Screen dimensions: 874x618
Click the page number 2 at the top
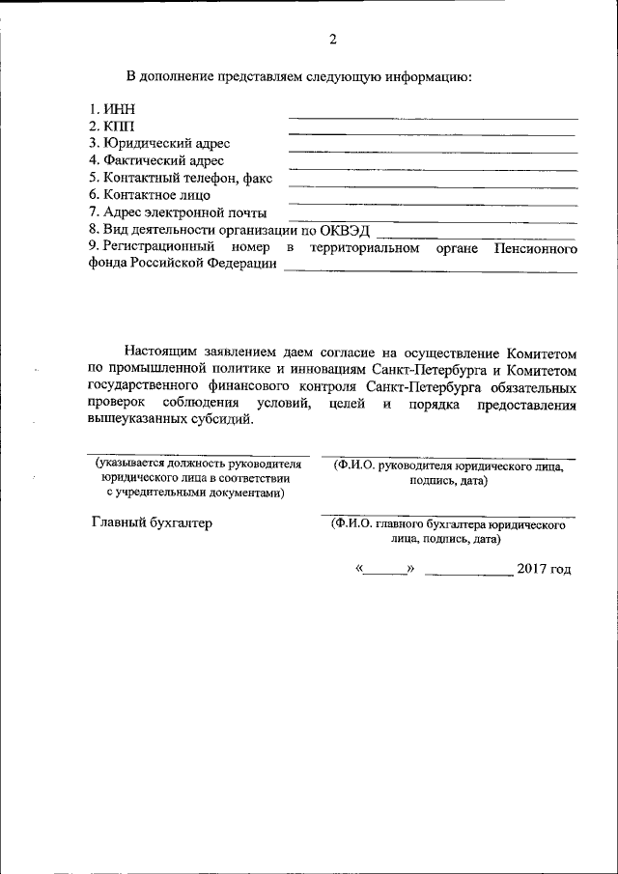pos(332,40)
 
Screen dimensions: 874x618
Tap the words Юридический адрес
pos(166,144)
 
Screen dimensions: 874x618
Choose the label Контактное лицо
pos(155,195)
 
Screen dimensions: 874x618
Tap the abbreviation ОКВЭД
pos(346,230)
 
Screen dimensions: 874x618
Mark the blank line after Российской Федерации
pos(430,272)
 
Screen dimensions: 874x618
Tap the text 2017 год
pos(544,568)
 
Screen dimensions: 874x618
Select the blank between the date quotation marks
pos(385,570)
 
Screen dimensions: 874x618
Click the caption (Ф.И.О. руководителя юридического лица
pos(448,465)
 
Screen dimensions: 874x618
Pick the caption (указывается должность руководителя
pos(198,465)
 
